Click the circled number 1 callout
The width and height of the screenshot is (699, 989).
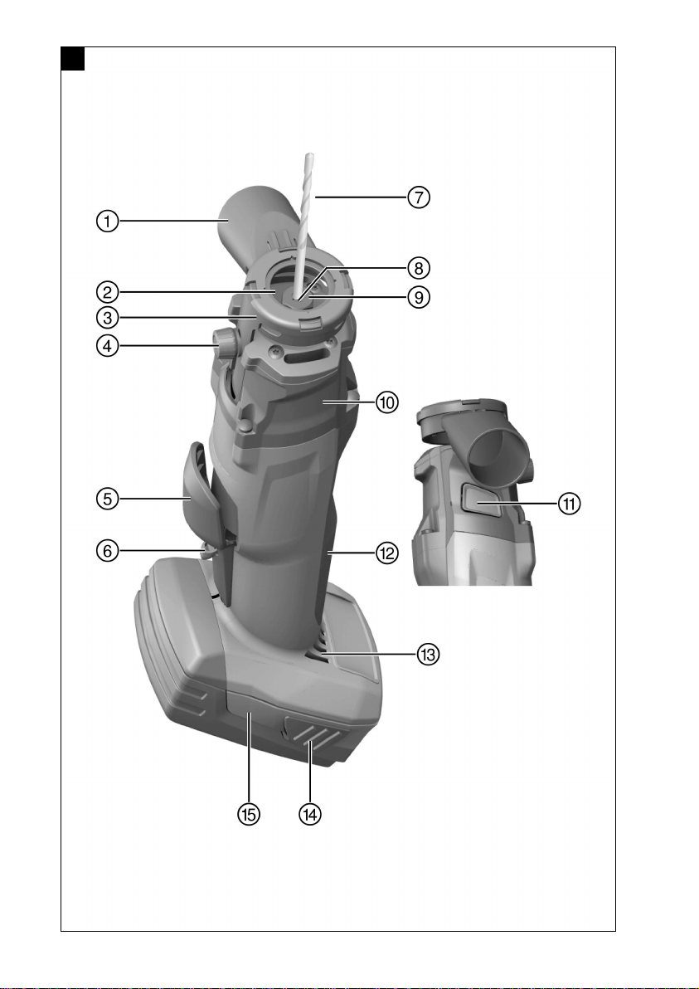pyautogui.click(x=108, y=222)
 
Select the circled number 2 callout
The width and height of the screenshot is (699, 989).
pyautogui.click(x=108, y=292)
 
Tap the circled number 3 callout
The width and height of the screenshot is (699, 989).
pyautogui.click(x=108, y=317)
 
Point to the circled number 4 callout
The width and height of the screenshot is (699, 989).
pyautogui.click(x=108, y=346)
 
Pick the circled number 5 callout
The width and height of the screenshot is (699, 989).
pyautogui.click(x=108, y=499)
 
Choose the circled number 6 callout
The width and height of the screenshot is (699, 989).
pyautogui.click(x=108, y=551)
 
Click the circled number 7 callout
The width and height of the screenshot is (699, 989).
pyautogui.click(x=419, y=197)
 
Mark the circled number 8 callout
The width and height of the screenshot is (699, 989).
pyautogui.click(x=419, y=268)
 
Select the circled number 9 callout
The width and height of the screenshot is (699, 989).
pyautogui.click(x=419, y=296)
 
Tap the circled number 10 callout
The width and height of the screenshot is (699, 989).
pyautogui.click(x=387, y=402)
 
